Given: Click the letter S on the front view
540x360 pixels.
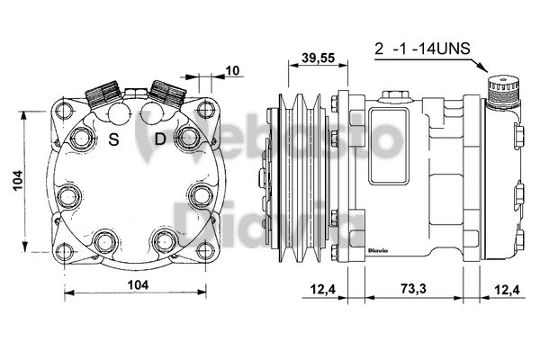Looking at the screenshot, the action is pos(115,139).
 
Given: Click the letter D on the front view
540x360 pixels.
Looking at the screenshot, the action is pos(159,139).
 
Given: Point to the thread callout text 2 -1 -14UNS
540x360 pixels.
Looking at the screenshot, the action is pos(420,49).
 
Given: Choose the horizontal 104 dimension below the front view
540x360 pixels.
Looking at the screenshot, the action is pos(135,285).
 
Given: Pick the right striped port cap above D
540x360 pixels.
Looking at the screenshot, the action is pos(166,90).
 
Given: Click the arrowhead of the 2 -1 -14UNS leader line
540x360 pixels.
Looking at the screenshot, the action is pos(486,70).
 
